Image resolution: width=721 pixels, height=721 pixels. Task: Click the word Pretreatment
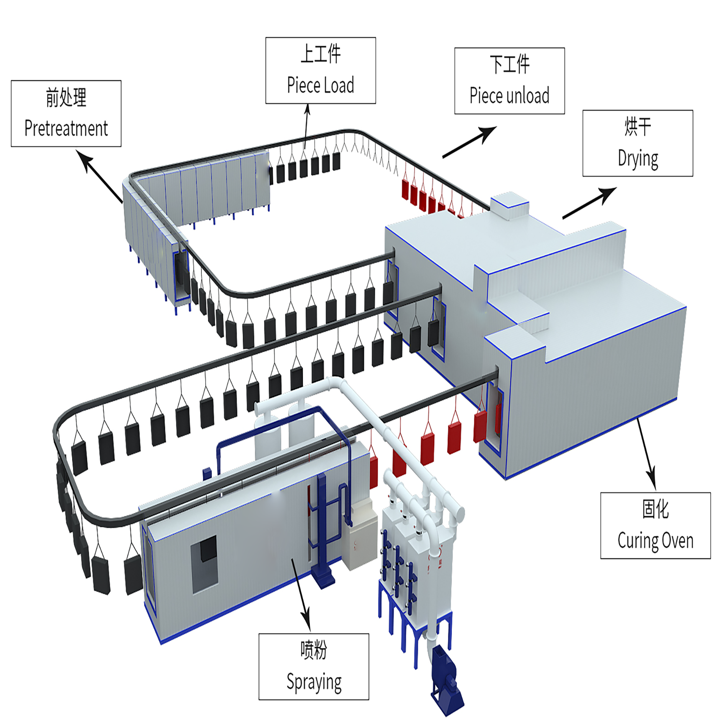[66, 128]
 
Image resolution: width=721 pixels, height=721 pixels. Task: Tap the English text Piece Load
[320, 85]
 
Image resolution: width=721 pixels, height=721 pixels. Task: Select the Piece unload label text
[510, 95]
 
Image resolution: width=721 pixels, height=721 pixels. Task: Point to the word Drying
[638, 159]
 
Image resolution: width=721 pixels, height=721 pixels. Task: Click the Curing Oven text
[655, 540]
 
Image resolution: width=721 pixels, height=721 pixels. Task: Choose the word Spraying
[314, 682]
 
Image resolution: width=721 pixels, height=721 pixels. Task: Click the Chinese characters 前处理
[66, 98]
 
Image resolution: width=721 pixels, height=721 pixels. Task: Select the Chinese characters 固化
[655, 509]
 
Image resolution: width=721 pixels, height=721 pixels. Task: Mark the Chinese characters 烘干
[638, 127]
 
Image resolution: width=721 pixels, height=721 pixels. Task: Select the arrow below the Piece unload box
[470, 142]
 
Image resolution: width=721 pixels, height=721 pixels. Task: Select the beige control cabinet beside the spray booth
[360, 534]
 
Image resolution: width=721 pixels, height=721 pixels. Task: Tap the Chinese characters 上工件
[320, 54]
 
